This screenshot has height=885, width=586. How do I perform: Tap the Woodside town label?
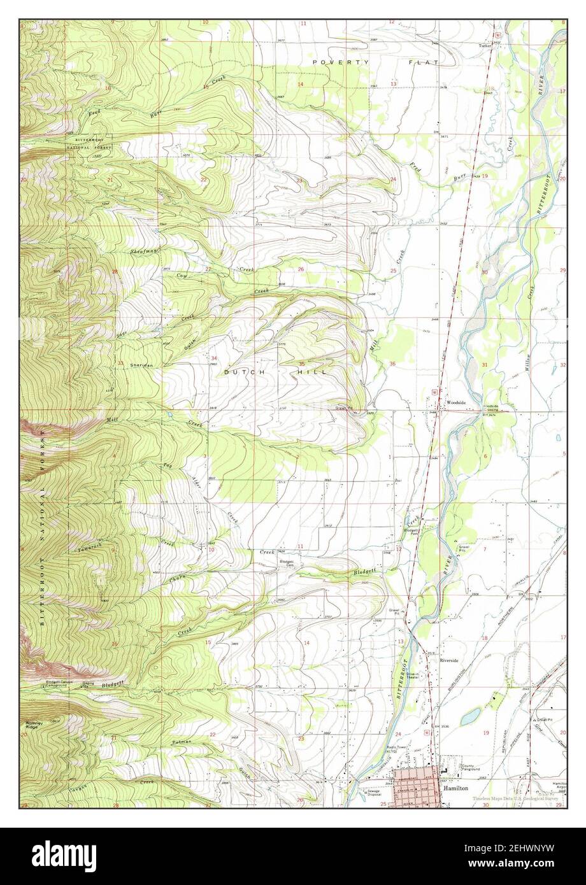[x=456, y=403]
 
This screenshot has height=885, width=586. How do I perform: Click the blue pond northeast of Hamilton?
[x=471, y=716]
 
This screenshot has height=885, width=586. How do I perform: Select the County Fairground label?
[x=471, y=768]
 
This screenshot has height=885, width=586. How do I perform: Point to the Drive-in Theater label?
[x=417, y=676]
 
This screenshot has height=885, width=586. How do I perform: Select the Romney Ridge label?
[x=34, y=725]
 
